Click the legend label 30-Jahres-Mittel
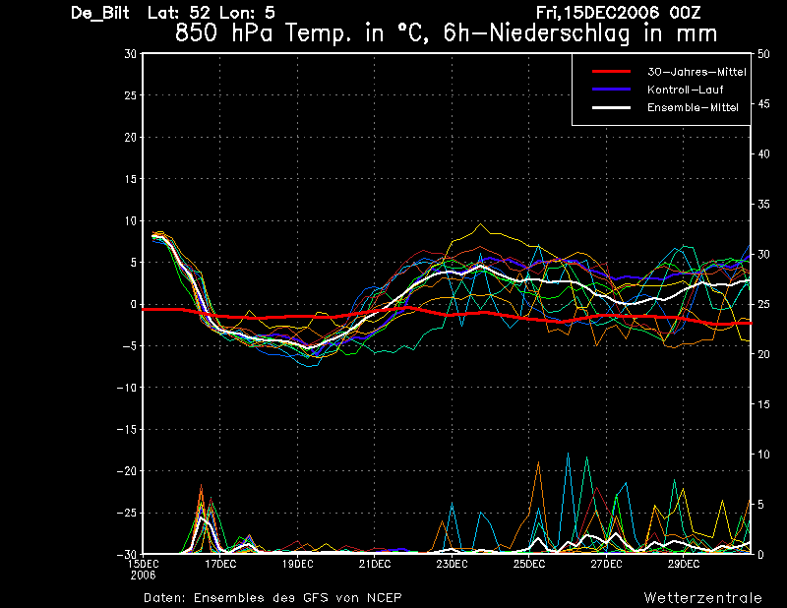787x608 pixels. [696, 72]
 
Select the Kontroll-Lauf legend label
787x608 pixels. [685, 90]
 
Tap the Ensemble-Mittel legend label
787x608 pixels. [693, 107]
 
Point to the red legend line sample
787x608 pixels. [611, 72]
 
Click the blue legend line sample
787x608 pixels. [611, 90]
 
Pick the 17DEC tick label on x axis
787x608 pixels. [220, 564]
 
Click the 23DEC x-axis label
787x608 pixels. [452, 564]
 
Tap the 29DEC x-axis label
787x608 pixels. [684, 564]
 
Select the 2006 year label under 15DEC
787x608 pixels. [143, 575]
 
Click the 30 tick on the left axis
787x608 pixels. [131, 54]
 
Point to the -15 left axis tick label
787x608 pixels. [127, 429]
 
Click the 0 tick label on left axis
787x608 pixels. [134, 304]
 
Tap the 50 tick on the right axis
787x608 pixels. [763, 54]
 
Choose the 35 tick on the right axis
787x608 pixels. [763, 205]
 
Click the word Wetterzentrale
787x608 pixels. [703, 598]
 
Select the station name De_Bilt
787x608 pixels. [100, 13]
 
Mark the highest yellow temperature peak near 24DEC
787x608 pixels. [480, 224]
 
